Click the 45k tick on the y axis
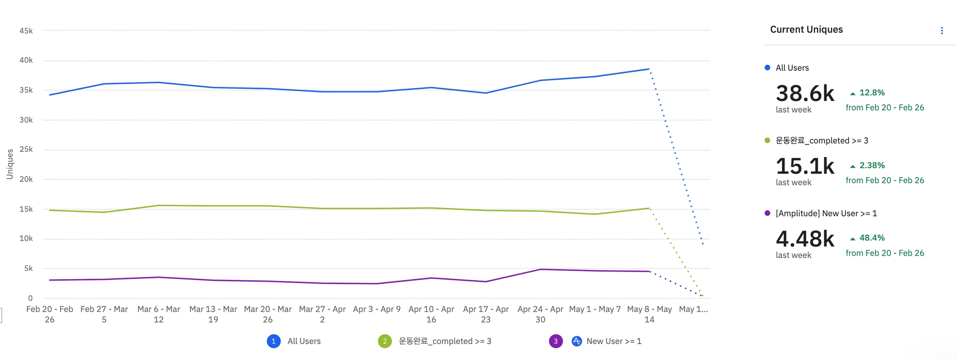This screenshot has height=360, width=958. (26, 31)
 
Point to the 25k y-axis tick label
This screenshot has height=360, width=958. (26, 150)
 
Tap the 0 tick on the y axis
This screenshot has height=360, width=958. (30, 298)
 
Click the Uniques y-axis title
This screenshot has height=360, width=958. (10, 164)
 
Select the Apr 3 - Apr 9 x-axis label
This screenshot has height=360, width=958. (377, 309)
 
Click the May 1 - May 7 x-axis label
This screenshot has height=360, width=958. (595, 309)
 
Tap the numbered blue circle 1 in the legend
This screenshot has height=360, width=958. (274, 341)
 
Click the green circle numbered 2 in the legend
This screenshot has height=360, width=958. (385, 341)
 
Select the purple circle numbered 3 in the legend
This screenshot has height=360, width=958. (556, 341)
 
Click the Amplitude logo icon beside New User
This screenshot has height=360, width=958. (577, 341)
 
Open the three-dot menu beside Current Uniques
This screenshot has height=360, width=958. (942, 31)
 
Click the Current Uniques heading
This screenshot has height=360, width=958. (806, 29)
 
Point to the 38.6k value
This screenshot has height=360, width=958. (805, 94)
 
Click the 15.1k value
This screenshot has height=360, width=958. (805, 166)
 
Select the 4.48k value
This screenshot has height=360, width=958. (805, 239)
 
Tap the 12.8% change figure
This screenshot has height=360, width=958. (872, 93)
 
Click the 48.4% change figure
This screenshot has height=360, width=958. (872, 238)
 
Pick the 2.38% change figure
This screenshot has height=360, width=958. (872, 166)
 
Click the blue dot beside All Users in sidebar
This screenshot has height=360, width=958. (767, 68)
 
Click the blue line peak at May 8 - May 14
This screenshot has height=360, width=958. (649, 69)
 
